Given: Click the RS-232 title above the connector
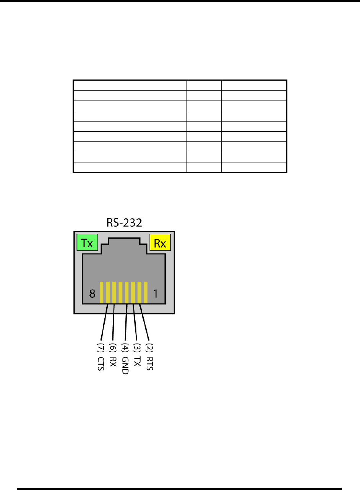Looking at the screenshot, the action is [124, 223].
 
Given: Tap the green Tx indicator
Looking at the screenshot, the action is [87, 242].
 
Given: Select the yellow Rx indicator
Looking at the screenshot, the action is [160, 242].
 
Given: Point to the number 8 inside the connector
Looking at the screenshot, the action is [92, 294].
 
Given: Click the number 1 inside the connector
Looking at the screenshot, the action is [156, 294].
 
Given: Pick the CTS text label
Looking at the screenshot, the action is [101, 364].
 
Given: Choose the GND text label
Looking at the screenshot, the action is [125, 366].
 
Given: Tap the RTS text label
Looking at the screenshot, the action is [149, 364].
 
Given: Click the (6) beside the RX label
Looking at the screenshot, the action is [113, 348].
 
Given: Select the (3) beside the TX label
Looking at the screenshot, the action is [137, 348].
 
